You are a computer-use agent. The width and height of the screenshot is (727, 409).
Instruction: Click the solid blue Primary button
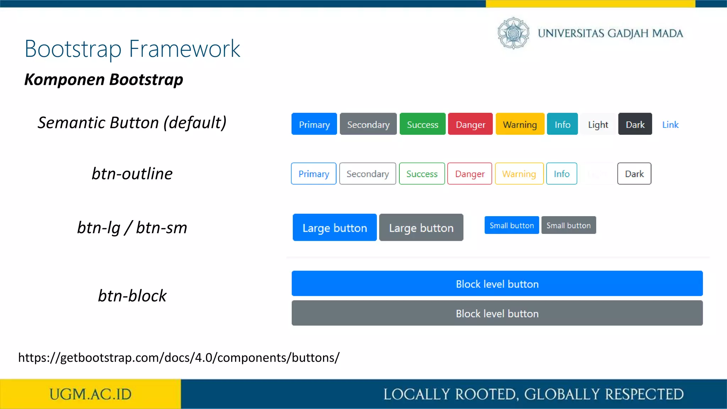(314, 124)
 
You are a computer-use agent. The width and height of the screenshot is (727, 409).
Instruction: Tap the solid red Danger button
(470, 124)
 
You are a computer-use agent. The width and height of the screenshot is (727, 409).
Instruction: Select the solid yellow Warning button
(520, 124)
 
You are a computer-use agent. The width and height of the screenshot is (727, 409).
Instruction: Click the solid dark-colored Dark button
(635, 124)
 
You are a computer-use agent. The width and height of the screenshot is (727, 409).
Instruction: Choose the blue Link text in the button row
(670, 125)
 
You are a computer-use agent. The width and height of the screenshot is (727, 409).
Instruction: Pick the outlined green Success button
(422, 174)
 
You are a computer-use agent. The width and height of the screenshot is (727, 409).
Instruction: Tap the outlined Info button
(562, 174)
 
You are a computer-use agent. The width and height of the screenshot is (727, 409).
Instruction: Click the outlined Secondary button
(367, 174)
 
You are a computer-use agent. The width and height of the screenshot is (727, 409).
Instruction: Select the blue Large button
(334, 228)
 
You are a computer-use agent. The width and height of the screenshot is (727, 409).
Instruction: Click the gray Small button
(568, 225)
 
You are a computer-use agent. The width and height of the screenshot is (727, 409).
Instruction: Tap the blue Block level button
(497, 284)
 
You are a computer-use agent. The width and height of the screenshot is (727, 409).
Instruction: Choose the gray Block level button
(497, 313)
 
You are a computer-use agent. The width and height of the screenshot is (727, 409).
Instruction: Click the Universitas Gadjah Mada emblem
(513, 33)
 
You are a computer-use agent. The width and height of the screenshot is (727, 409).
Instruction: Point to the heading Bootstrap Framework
(132, 49)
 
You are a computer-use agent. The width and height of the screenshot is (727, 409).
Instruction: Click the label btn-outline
(132, 174)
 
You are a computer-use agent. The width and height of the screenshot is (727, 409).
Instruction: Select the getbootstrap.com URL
(179, 358)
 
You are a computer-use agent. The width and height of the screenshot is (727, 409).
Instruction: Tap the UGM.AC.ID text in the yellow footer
(90, 394)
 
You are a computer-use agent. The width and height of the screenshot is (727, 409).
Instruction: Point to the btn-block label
(132, 296)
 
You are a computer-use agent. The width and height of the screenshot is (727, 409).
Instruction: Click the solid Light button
(598, 124)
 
